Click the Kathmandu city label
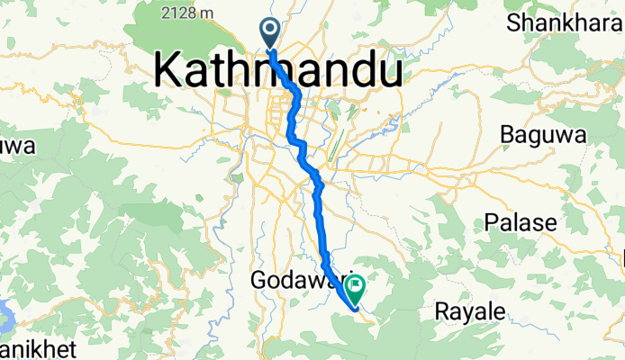[278, 69]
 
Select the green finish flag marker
[354, 289]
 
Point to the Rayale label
[470, 311]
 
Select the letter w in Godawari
[312, 281]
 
